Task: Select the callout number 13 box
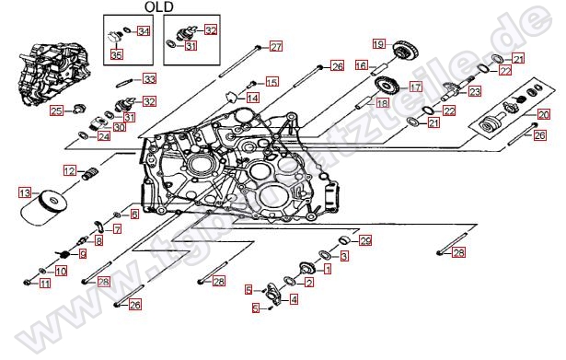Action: [x=25, y=193]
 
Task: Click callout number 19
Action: [x=378, y=43]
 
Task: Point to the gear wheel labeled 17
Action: [x=387, y=88]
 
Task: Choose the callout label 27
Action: [x=276, y=46]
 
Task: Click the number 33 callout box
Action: [x=149, y=79]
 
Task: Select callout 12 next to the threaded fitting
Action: [x=69, y=170]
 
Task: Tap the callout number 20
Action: [x=544, y=114]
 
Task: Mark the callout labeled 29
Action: [x=365, y=241]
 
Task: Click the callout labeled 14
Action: [x=252, y=98]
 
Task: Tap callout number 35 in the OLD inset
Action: [x=116, y=55]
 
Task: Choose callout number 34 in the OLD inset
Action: [x=143, y=31]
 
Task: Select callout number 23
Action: [x=474, y=91]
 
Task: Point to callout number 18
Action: [x=382, y=104]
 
